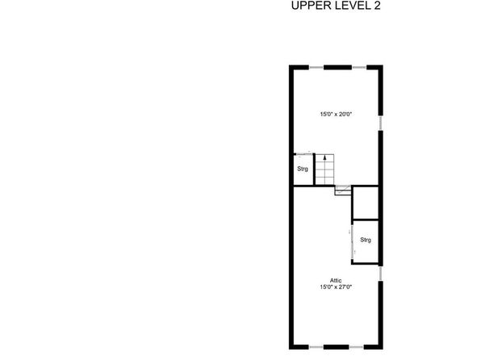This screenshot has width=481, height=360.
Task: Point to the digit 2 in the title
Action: [x=377, y=6]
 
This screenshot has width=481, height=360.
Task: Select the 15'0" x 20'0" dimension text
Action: [x=336, y=114]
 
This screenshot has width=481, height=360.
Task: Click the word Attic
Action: [x=336, y=280]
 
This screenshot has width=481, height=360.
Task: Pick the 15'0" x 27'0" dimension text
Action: [x=336, y=287]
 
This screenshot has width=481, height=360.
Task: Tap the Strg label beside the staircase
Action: [x=303, y=169]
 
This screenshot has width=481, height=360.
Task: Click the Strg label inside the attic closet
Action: [x=366, y=240]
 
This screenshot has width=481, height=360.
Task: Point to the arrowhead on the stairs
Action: [x=325, y=157]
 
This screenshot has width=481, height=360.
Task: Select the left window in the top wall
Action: [x=316, y=67]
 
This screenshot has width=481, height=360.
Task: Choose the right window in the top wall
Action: [x=359, y=67]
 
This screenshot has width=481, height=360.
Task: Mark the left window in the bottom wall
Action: [x=316, y=347]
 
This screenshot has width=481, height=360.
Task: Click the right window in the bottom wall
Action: [x=356, y=347]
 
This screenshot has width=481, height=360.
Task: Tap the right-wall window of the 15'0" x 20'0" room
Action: [x=381, y=123]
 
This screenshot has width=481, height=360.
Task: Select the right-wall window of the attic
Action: [x=381, y=274]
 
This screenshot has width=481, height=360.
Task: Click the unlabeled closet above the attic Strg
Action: [x=366, y=203]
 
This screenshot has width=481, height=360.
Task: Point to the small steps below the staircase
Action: [x=343, y=190]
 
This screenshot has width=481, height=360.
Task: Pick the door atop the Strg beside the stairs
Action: [x=304, y=153]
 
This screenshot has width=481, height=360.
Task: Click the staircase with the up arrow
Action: [x=324, y=170]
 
